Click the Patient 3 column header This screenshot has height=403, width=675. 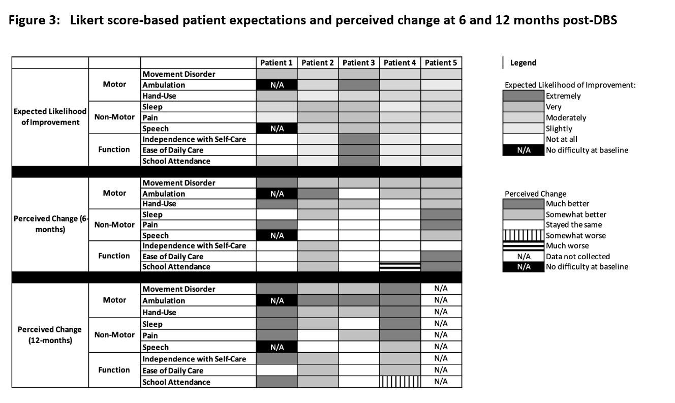(x=359, y=63)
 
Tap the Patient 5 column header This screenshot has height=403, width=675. (x=441, y=63)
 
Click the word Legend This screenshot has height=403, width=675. (x=523, y=63)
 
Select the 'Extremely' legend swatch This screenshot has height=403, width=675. (x=524, y=96)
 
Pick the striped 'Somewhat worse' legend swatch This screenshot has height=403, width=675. (x=524, y=235)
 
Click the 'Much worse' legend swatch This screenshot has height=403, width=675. (x=524, y=245)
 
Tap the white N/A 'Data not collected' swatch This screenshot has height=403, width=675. (x=524, y=256)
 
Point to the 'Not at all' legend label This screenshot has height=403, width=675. (x=561, y=139)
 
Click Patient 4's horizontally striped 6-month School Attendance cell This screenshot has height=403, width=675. (x=400, y=267)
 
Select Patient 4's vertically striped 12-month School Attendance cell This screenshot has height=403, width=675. (x=400, y=382)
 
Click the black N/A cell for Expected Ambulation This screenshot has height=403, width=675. (x=277, y=85)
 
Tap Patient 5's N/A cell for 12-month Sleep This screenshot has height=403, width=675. (x=441, y=324)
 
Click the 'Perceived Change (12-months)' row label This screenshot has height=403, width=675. (x=50, y=334)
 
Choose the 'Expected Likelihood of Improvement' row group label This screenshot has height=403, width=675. (x=50, y=117)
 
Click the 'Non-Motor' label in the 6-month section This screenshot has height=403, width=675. (x=114, y=225)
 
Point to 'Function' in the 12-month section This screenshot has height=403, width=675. (x=114, y=370)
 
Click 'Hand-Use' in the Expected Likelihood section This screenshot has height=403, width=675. (x=159, y=96)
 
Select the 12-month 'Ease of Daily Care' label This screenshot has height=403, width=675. (x=173, y=370)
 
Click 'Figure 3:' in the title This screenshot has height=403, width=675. (x=35, y=20)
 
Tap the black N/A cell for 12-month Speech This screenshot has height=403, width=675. (x=277, y=347)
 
